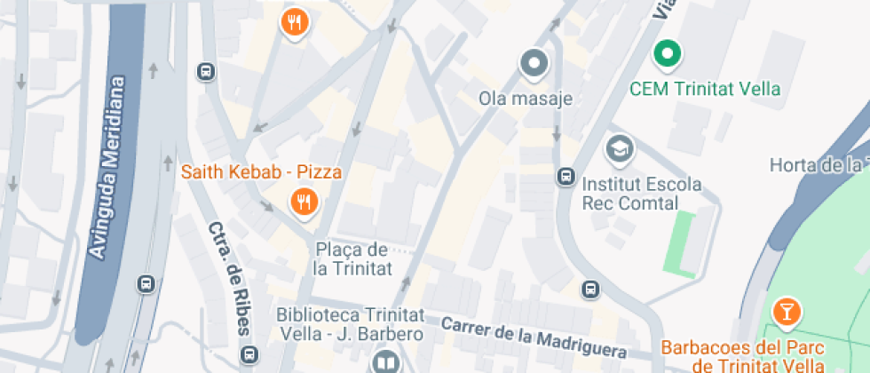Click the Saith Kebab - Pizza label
tap(262, 172)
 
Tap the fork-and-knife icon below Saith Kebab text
tap(304, 202)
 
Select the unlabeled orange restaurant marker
tap(295, 21)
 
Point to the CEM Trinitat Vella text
tap(705, 89)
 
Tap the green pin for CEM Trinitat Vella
tap(668, 54)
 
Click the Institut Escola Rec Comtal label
tap(641, 194)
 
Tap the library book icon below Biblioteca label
tap(385, 361)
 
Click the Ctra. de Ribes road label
tap(229, 278)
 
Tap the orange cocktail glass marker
tap(787, 311)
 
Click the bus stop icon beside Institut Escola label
tap(565, 177)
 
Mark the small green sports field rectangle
tap(681, 241)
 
